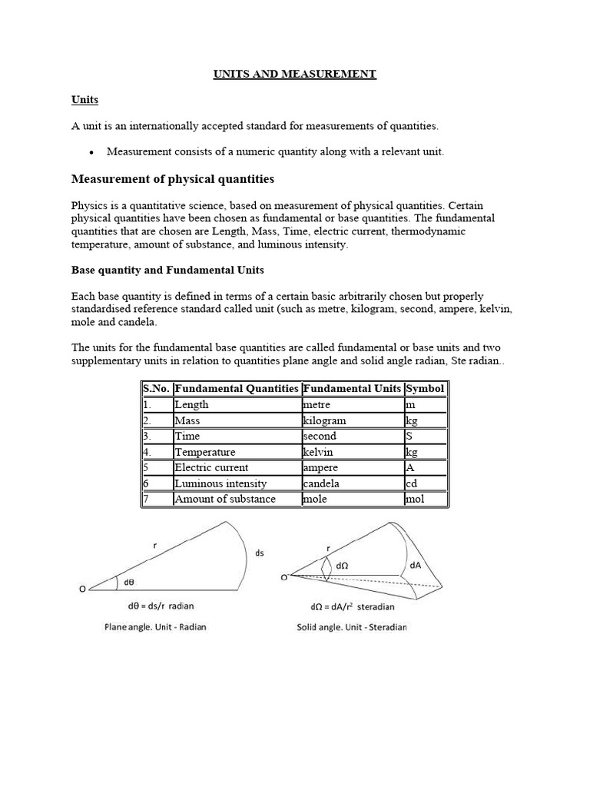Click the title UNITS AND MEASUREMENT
tap(294, 74)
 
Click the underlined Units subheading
tap(85, 100)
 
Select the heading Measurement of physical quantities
tap(172, 179)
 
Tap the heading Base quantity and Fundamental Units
tap(167, 271)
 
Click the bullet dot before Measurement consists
tap(91, 152)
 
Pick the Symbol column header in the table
tap(425, 389)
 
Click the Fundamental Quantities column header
tap(236, 389)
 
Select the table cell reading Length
tap(191, 405)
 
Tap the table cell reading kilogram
tap(324, 420)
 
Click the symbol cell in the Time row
tap(409, 436)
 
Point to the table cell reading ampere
tap(320, 467)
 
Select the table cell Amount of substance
tap(225, 499)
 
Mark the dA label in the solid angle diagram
tap(416, 564)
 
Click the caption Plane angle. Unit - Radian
tap(155, 627)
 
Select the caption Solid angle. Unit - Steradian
tap(352, 627)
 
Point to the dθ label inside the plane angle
tap(130, 582)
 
